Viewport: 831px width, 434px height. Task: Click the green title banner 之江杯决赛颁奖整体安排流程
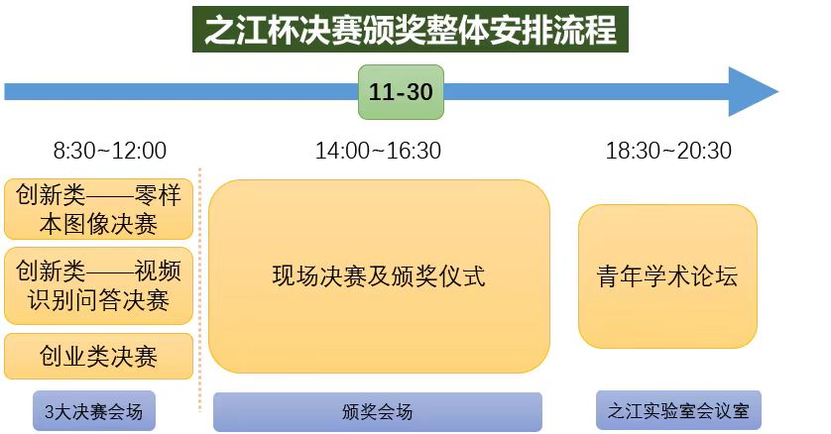(x=411, y=29)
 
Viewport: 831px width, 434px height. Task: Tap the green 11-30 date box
(x=402, y=92)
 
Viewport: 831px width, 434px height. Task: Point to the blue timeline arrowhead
(x=754, y=91)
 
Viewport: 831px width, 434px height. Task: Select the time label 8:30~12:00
(x=110, y=151)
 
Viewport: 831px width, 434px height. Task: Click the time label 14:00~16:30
(x=379, y=151)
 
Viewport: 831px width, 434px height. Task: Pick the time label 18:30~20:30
(x=668, y=151)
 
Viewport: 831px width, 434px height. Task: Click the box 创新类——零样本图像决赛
(x=98, y=209)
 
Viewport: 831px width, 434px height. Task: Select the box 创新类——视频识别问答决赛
(x=98, y=285)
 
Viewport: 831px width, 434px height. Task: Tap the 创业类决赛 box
(x=98, y=356)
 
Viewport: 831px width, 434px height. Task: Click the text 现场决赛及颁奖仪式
(x=379, y=276)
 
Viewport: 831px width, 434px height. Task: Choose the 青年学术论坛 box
(x=667, y=276)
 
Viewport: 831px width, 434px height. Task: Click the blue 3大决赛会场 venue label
(x=94, y=410)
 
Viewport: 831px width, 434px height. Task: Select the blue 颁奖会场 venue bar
(x=378, y=412)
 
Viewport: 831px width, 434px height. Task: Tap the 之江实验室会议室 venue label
(x=679, y=410)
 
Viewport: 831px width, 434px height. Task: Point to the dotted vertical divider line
(x=199, y=289)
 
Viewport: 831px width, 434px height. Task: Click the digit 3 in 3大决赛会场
(x=50, y=412)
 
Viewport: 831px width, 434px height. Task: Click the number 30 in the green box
(x=419, y=92)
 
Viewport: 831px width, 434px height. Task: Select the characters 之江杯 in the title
(x=251, y=30)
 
